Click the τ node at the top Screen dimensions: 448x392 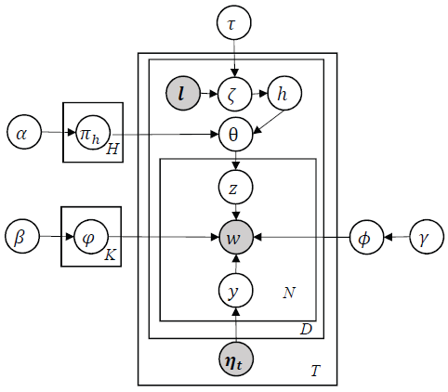234,23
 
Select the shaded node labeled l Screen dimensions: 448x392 183,93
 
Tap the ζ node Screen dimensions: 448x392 235,94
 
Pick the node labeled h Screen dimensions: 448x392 284,93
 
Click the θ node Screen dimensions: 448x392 235,135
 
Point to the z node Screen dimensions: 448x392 235,188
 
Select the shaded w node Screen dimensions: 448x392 236,237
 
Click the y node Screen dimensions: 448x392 235,291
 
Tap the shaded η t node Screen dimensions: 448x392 236,359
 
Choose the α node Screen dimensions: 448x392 24,133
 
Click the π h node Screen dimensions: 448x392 93,133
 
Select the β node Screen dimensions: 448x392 22,236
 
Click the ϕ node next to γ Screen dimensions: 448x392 366,237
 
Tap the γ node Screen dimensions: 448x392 427,237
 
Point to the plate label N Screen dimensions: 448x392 289,293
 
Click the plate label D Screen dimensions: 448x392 306,329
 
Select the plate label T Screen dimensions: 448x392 315,371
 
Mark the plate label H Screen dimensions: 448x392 112,150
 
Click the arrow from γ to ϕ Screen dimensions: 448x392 397,237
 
